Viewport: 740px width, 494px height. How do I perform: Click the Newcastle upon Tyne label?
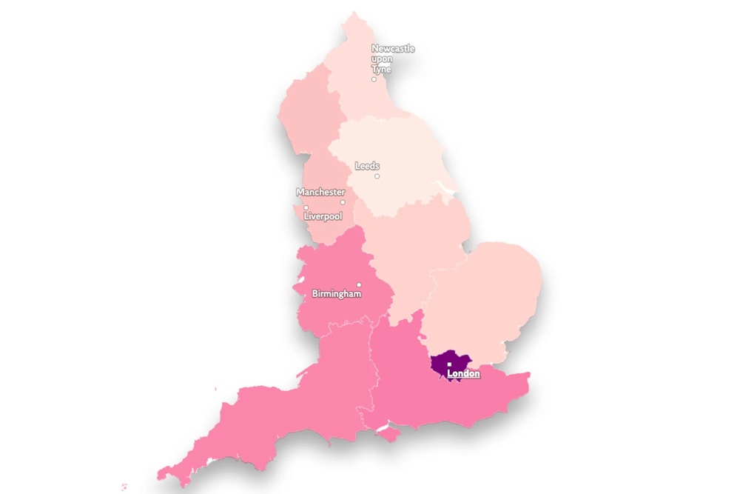(392, 59)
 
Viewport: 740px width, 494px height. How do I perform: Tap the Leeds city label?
(367, 166)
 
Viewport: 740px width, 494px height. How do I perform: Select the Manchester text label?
(320, 192)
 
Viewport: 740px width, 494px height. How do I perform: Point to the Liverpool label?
(323, 216)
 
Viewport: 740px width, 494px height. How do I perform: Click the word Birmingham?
(337, 294)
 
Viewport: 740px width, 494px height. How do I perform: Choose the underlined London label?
(463, 374)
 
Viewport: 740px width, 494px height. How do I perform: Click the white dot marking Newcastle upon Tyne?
(374, 79)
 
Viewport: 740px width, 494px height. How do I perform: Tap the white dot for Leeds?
(377, 176)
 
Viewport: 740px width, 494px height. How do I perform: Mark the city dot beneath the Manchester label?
(342, 202)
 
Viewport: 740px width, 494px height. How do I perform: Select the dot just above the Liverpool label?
(306, 207)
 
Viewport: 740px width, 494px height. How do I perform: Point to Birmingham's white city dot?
(359, 284)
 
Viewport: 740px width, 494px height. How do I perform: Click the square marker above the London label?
(449, 364)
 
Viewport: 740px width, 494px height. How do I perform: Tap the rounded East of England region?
(488, 289)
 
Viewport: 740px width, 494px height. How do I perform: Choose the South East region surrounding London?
(414, 378)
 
